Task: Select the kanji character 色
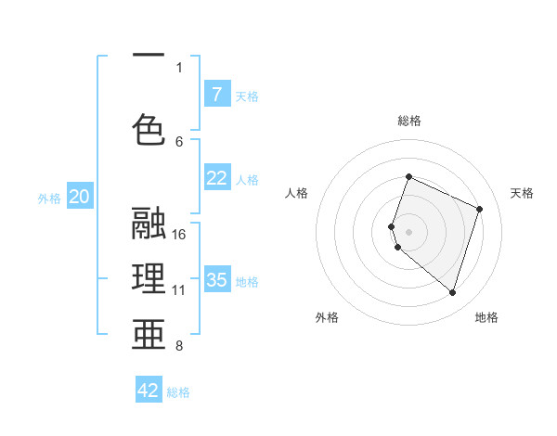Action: pos(149,129)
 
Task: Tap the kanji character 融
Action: pos(149,224)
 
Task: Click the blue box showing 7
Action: pos(216,94)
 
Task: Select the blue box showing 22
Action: pos(216,178)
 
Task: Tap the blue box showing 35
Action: pos(216,279)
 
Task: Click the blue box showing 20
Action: pos(80,196)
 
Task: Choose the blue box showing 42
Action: pos(149,391)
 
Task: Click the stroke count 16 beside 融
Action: pos(179,234)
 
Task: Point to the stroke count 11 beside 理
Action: pos(179,289)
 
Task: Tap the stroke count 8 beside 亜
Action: pos(179,346)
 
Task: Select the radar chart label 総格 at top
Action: pos(409,121)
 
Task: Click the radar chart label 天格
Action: pos(523,193)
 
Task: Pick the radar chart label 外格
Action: pos(327,317)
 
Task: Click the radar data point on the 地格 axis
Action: pos(452,293)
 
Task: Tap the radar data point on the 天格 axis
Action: pos(480,209)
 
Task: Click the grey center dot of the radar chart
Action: pos(408,231)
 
